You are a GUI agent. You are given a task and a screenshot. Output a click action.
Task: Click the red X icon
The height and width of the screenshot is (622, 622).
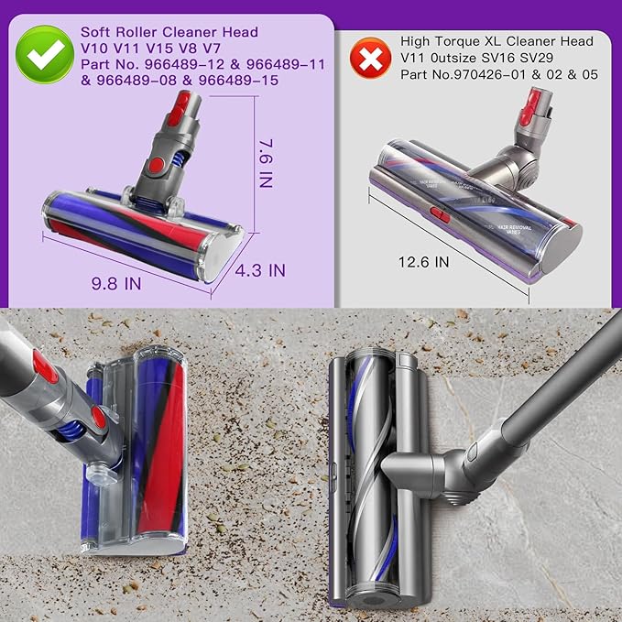coord(370,58)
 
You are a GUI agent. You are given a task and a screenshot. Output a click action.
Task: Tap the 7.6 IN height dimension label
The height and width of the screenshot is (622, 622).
coord(266,163)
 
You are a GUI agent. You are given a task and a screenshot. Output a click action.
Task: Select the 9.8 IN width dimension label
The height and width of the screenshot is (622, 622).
coord(118,283)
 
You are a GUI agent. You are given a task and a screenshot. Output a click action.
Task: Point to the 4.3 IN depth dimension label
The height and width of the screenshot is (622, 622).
coord(261,270)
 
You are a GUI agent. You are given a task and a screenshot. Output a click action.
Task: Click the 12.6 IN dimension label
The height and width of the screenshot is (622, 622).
coord(425,261)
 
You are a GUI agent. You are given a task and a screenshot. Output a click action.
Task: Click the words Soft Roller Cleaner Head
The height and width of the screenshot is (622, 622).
coord(169,32)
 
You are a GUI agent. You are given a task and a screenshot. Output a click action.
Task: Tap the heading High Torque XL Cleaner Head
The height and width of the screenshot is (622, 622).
coord(497,41)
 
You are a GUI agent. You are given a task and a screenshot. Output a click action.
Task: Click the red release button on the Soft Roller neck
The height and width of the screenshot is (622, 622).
coord(158,165)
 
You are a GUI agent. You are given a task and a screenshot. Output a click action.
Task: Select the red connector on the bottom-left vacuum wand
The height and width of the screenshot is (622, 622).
coord(43,368)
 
